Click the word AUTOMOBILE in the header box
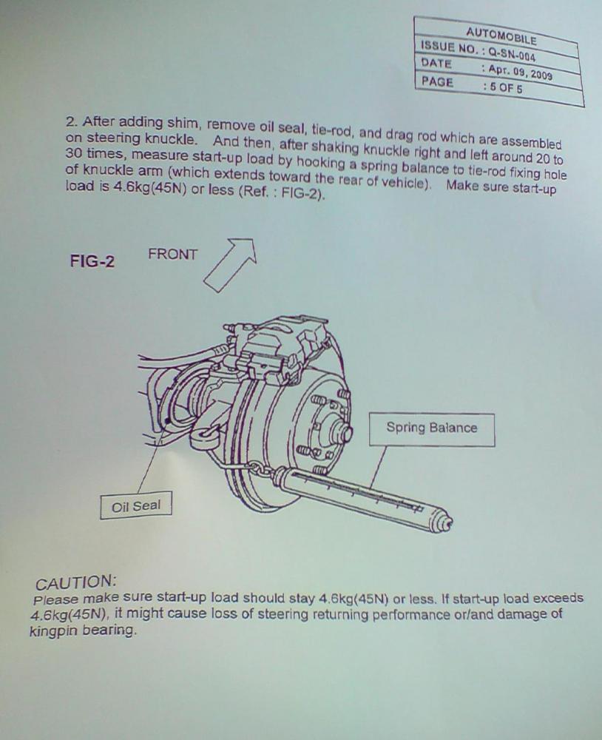[x=501, y=36]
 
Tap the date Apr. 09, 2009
[x=519, y=73]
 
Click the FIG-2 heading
[x=92, y=260]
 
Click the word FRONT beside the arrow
[x=172, y=255]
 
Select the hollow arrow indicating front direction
[x=231, y=264]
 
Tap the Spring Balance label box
[x=432, y=429]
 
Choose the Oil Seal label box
[x=136, y=505]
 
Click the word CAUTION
[x=75, y=583]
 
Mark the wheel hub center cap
[x=341, y=429]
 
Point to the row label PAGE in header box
[x=437, y=81]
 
